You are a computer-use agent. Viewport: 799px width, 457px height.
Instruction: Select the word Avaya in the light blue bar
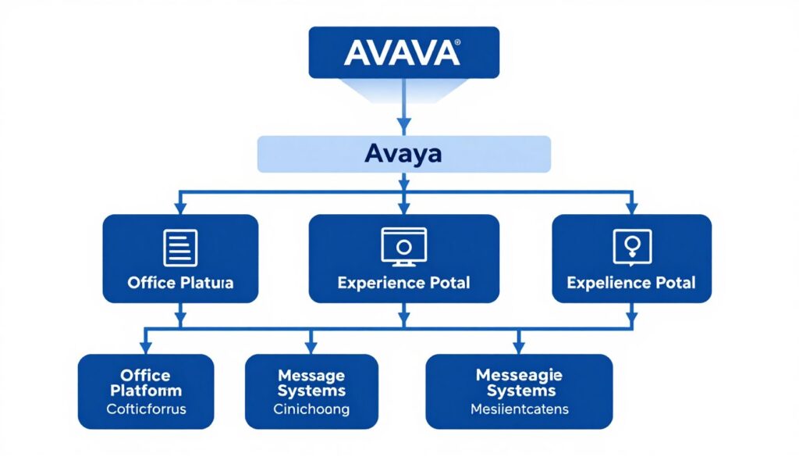click(x=403, y=154)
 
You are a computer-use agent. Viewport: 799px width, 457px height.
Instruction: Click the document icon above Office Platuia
click(x=180, y=248)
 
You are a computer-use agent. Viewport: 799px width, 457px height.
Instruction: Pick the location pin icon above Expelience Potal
click(x=630, y=246)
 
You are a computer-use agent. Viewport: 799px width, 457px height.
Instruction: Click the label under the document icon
click(x=180, y=283)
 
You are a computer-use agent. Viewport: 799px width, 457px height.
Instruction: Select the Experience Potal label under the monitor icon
click(x=403, y=283)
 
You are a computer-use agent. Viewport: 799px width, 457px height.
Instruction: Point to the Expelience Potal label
click(x=630, y=283)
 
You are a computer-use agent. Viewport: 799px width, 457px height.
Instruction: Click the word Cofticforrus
click(x=145, y=408)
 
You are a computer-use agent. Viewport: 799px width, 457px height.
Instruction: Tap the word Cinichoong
click(x=311, y=409)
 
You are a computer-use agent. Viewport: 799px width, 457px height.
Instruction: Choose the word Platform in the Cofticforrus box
click(x=145, y=390)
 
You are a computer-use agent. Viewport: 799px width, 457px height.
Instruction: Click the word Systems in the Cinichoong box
click(x=311, y=391)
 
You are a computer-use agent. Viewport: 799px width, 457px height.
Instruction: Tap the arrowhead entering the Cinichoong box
click(x=311, y=347)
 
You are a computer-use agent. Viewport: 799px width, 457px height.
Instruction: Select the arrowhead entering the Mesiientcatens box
click(x=518, y=347)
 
